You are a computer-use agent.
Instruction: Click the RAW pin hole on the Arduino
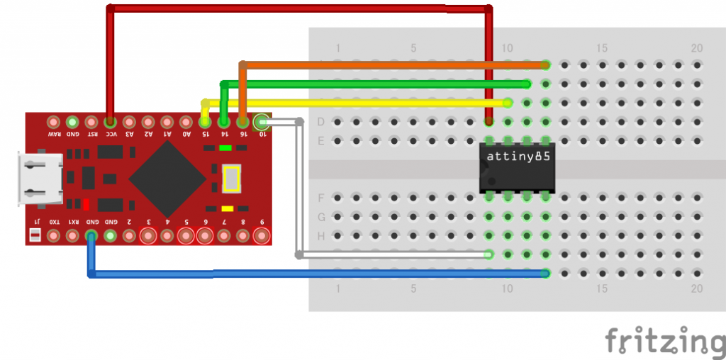(53, 122)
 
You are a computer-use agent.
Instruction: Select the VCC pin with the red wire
(110, 122)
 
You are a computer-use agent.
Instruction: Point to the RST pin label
(91, 133)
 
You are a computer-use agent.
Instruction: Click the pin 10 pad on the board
(262, 122)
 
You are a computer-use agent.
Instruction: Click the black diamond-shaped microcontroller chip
(168, 179)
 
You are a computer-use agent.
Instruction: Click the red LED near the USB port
(85, 206)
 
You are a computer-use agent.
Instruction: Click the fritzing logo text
(664, 340)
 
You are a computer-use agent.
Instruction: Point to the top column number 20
(697, 48)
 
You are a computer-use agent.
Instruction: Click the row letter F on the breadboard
(320, 198)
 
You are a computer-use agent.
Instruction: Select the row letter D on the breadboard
(320, 122)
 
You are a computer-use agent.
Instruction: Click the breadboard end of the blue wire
(545, 273)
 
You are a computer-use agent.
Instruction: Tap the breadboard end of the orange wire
(545, 64)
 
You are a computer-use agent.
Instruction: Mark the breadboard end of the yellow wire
(508, 103)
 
